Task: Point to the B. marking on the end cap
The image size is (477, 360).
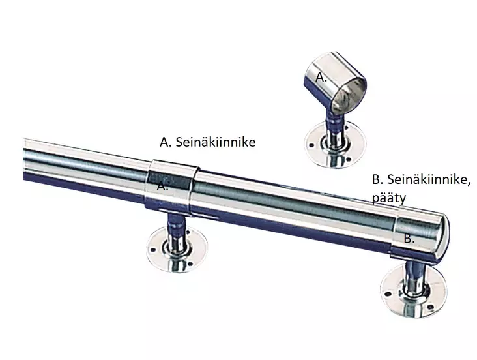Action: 409,239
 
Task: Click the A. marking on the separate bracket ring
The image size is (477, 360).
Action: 321,76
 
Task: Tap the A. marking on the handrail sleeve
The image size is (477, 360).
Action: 163,185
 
